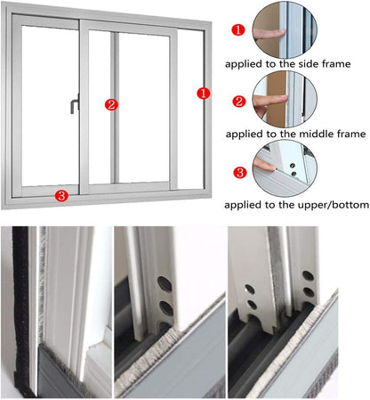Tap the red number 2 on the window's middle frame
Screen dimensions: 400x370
111,104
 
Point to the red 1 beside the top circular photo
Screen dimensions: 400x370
237,29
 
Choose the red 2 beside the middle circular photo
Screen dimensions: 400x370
237,101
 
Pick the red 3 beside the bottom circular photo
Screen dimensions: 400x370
237,172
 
